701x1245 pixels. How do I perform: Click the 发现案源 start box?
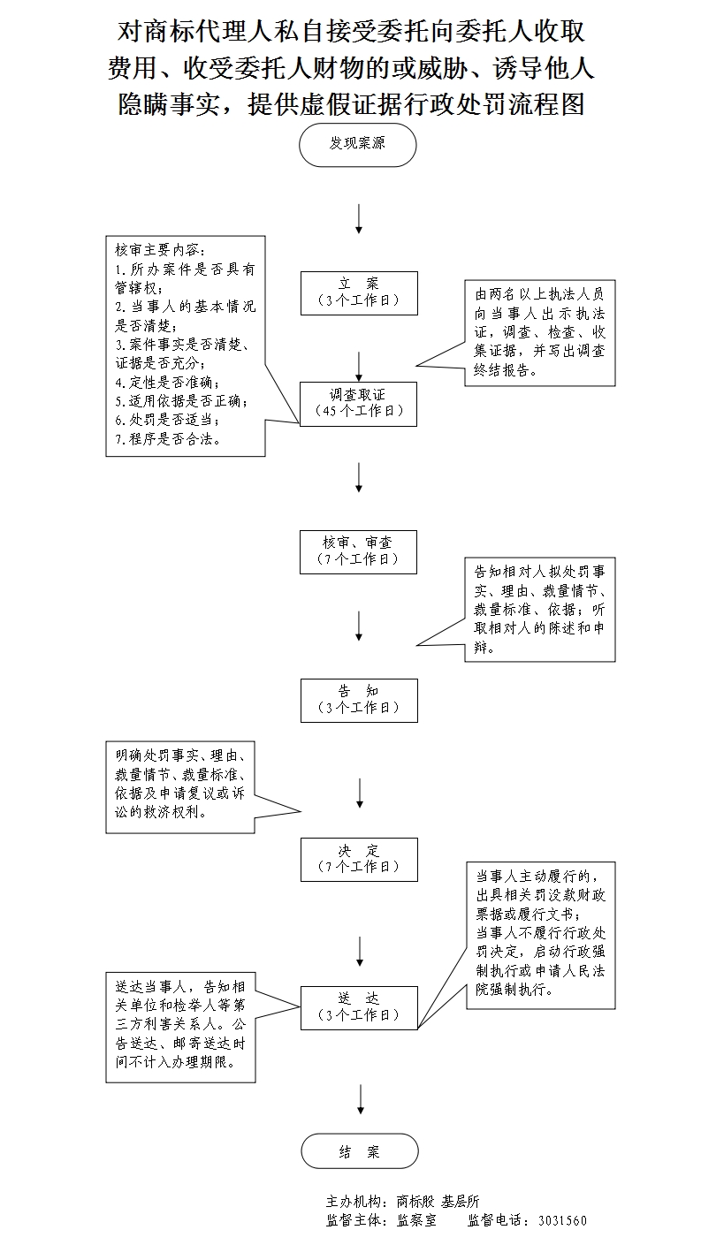coord(358,144)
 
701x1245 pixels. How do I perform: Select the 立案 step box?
coord(358,292)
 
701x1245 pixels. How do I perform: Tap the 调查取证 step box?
coord(358,403)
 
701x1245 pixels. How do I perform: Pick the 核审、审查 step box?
coord(358,551)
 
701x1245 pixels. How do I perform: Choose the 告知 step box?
coord(358,700)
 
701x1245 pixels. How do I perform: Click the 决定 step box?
coord(358,859)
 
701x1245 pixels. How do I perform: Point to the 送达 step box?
coord(358,1006)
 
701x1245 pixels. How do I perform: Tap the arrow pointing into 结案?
coord(359,1098)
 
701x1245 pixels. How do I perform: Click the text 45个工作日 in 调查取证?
coord(359,411)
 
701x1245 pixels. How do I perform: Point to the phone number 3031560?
coord(562,1221)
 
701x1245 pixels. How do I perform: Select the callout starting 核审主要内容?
coord(185,345)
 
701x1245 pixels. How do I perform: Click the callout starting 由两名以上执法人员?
coord(539,332)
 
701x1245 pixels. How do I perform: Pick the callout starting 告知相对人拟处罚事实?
coord(539,609)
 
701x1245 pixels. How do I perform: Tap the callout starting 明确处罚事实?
coord(180,786)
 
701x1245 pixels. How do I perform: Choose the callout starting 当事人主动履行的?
coord(539,935)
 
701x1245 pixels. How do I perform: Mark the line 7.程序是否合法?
coord(168,438)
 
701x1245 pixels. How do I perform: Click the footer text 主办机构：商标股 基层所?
coord(402,1202)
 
